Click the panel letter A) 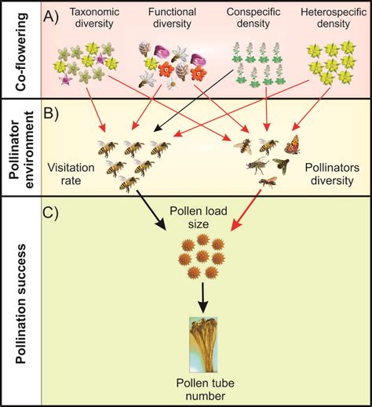(53, 13)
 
